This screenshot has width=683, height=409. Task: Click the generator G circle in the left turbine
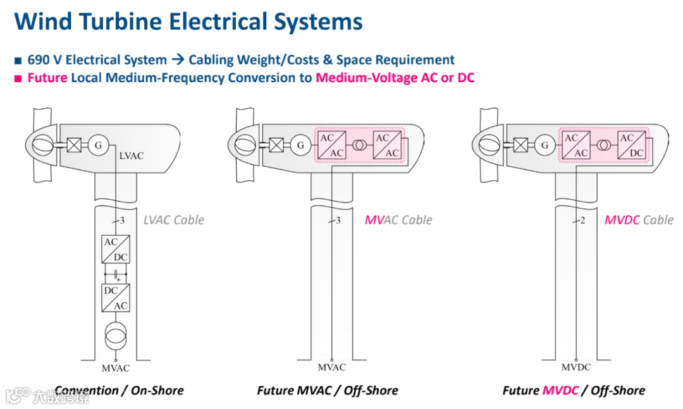click(x=98, y=145)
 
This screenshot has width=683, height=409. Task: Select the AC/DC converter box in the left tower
click(x=116, y=250)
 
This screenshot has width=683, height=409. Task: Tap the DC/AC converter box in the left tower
click(x=116, y=297)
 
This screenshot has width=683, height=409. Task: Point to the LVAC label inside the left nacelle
click(x=131, y=156)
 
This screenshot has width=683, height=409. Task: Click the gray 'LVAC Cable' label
click(x=174, y=220)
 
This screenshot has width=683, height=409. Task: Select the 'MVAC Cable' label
click(x=398, y=220)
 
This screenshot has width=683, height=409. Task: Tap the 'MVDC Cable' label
click(x=639, y=220)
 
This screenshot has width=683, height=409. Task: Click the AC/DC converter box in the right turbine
click(x=631, y=145)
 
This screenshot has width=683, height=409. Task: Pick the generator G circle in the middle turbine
click(x=300, y=145)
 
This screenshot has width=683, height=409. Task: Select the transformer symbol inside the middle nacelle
click(x=358, y=145)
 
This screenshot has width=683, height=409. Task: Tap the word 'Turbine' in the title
click(x=125, y=21)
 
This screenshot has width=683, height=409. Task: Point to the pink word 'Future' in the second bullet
click(x=47, y=78)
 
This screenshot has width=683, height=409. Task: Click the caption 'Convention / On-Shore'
click(x=119, y=390)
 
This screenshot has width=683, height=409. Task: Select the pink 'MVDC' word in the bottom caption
click(x=560, y=390)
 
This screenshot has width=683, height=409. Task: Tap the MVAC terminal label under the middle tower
click(x=332, y=367)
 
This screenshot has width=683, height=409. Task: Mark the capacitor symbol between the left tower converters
click(x=116, y=275)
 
